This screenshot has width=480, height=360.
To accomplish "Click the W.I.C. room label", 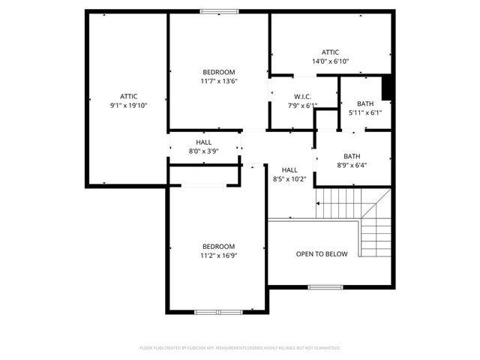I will click(x=303, y=97).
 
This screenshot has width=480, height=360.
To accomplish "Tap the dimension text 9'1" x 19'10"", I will click(x=128, y=106).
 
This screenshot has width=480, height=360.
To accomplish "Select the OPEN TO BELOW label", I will click(x=322, y=254).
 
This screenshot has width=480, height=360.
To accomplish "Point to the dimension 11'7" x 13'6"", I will click(x=218, y=81).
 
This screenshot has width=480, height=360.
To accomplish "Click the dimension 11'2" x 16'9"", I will click(x=218, y=256).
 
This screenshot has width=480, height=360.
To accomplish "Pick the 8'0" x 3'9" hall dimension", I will click(x=203, y=151).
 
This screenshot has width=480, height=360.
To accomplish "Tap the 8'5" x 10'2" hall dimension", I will click(x=289, y=179).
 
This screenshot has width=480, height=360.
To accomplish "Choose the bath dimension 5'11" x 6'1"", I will click(x=365, y=113).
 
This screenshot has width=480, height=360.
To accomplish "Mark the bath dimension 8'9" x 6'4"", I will click(x=352, y=166).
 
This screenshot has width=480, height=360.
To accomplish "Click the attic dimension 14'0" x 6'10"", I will click(x=331, y=61).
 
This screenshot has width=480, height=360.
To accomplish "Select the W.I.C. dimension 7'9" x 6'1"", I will click(x=303, y=106).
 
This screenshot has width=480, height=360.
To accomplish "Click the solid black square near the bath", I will click(x=387, y=88).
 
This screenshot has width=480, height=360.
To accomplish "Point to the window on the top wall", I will click(x=219, y=11).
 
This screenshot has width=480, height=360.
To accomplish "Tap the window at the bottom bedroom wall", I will click(x=217, y=311).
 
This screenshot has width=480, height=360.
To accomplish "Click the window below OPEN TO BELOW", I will click(x=325, y=286).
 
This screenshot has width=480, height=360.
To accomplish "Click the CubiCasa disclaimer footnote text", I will click(x=240, y=348).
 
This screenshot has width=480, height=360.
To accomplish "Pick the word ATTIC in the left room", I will click(x=128, y=97).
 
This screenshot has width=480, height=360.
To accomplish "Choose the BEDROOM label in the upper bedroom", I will click(x=218, y=72).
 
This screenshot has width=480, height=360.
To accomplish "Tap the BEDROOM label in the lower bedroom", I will click(x=218, y=247).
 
